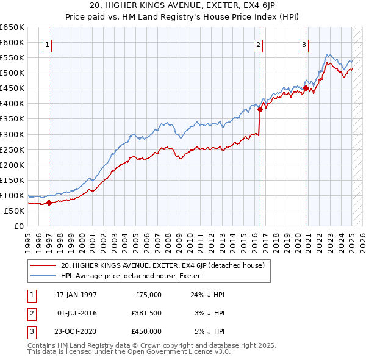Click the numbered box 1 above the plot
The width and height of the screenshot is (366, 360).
tap(47, 44)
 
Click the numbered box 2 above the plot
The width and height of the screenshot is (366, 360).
tap(259, 44)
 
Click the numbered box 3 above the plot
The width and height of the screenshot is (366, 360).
tap(304, 44)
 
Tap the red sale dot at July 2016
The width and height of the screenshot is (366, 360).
tap(260, 109)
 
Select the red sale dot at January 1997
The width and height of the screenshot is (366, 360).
tap(49, 203)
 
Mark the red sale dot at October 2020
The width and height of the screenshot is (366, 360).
tap(306, 88)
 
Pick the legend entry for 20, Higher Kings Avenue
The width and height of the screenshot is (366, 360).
tap(162, 265)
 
